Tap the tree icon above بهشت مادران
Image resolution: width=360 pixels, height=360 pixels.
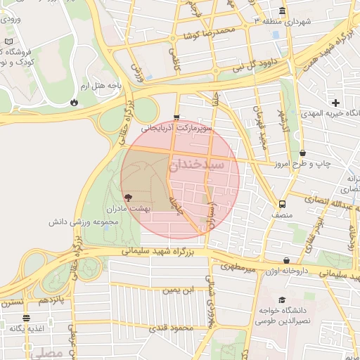point(127,198)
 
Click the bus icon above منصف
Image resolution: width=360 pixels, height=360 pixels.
point(282,205)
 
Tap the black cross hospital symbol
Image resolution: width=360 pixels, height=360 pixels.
point(336,103)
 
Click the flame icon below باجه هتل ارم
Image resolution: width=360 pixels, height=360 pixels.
point(74,102)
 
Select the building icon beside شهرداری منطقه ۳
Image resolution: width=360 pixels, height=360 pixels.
point(282,11)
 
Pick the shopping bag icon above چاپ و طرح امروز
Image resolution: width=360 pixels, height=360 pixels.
point(303,153)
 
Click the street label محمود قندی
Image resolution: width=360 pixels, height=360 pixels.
point(176,328)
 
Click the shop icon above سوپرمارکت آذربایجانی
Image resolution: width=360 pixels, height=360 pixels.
point(176,117)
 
